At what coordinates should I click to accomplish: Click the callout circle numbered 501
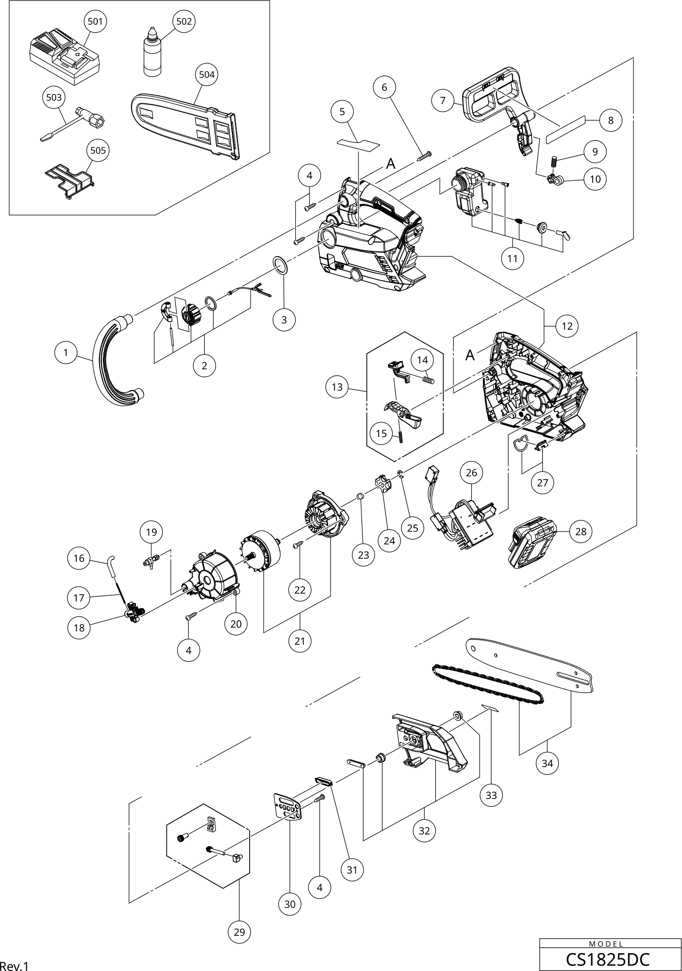(x=95, y=21)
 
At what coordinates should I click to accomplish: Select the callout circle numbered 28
(x=581, y=532)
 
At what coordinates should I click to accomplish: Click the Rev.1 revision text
(x=14, y=966)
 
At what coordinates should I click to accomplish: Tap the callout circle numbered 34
(x=547, y=763)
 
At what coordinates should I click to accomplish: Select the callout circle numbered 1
(x=66, y=353)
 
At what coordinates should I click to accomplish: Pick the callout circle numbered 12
(x=567, y=326)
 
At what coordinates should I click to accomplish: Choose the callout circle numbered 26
(x=472, y=473)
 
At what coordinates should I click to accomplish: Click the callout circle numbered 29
(x=239, y=932)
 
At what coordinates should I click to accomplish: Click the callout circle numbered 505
(x=98, y=150)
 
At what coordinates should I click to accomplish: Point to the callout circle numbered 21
(x=300, y=641)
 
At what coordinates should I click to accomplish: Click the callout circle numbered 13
(x=337, y=387)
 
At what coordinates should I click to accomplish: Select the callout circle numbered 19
(x=151, y=532)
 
